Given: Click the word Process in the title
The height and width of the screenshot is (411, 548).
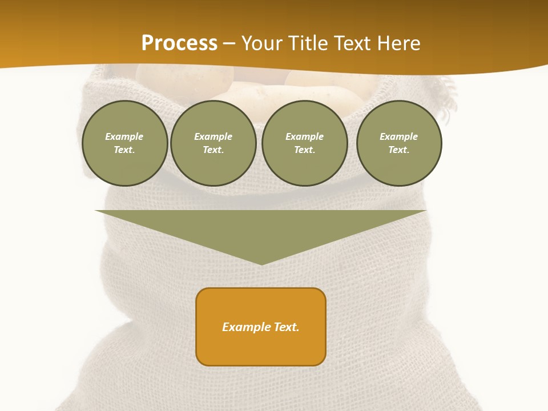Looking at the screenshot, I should coord(179,43).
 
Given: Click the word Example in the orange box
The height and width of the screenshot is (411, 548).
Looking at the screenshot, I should coord(247,327).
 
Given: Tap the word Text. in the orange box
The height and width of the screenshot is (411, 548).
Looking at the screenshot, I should coord(287,327).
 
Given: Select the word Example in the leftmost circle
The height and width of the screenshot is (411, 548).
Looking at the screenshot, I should coord(124,136).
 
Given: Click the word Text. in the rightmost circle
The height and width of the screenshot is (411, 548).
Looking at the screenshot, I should coord(398,150).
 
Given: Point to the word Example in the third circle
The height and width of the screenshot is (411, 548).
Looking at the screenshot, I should coord(304,136).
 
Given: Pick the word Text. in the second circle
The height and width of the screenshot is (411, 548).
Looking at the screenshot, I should coord(213,150).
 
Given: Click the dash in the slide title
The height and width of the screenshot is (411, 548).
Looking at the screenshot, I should coord(229,43).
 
